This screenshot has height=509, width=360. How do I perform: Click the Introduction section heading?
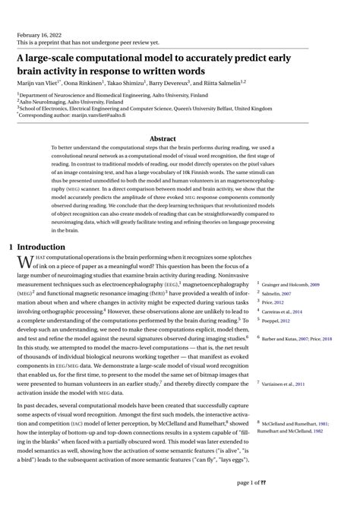(46, 247)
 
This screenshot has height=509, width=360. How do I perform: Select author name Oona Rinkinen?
(90, 81)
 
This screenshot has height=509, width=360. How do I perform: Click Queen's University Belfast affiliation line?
(144, 109)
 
